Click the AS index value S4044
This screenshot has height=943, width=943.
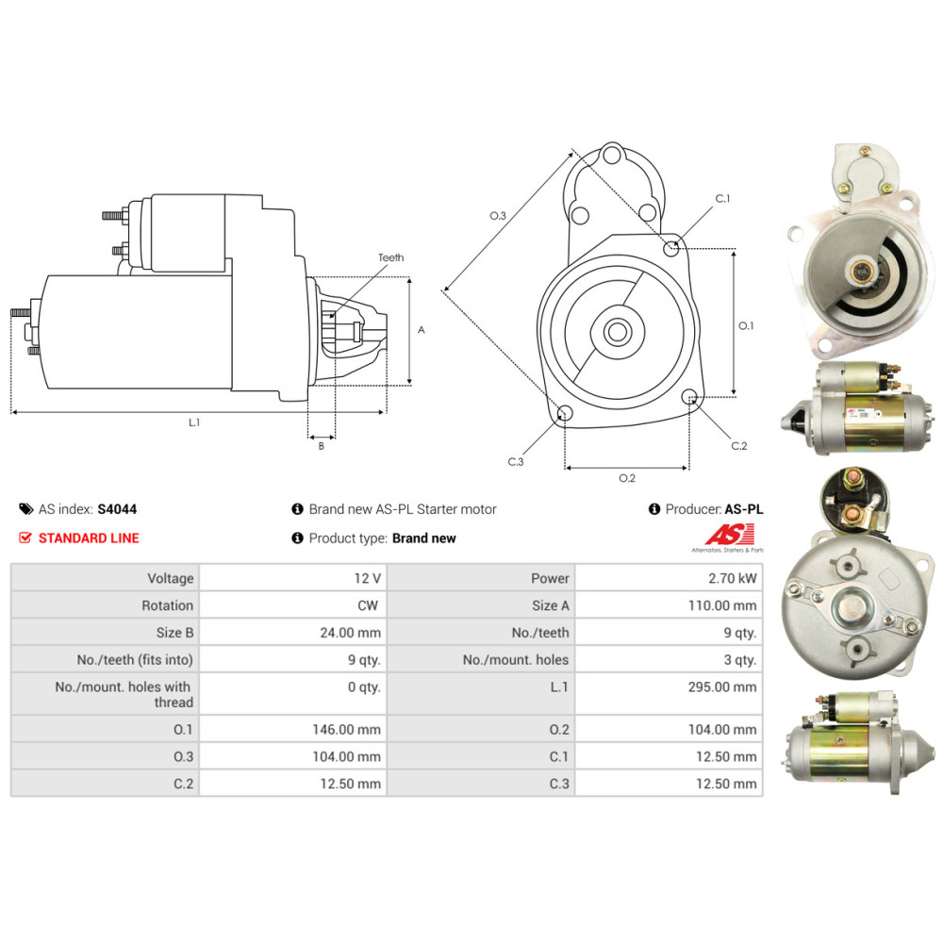pos(117,509)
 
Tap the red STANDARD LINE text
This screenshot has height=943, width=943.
pos(89,538)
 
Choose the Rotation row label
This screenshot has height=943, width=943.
pos(168,605)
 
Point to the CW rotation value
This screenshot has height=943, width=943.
pos(368,605)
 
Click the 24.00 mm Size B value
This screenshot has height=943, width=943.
pos(351,633)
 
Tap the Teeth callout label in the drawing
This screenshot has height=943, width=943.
pos(391,257)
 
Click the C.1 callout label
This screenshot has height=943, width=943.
pos(722,198)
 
